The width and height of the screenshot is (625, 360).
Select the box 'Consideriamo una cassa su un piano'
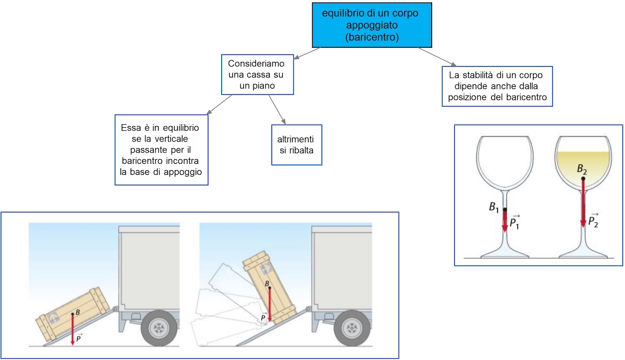click(x=257, y=74)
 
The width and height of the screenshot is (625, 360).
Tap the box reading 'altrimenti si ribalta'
click(x=296, y=145)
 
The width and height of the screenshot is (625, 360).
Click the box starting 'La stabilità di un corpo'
click(x=498, y=86)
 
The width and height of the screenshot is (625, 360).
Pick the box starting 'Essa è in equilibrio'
click(x=161, y=149)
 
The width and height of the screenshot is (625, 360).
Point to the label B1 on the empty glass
click(x=494, y=207)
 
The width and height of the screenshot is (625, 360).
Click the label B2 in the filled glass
click(x=582, y=169)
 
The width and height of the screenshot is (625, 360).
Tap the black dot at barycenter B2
click(x=583, y=179)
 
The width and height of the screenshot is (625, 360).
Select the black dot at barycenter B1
click(x=505, y=209)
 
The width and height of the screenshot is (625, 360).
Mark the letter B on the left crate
click(x=78, y=312)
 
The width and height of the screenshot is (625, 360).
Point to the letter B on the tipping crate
click(x=266, y=283)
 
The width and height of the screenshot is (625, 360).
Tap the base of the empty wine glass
click(x=505, y=254)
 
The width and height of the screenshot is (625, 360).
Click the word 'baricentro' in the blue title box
click(x=372, y=37)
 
